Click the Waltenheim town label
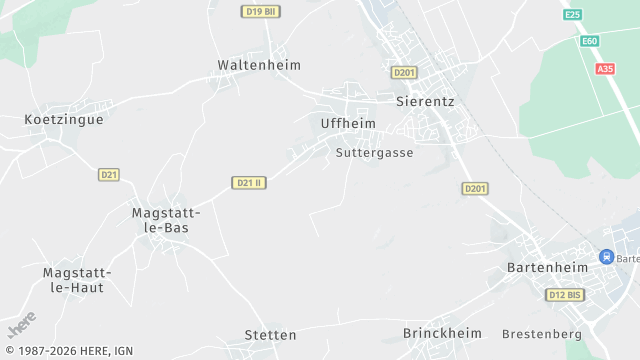[x=259, y=65]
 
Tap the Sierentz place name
[x=426, y=102]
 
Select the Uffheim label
[x=348, y=123]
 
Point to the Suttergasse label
[x=375, y=153]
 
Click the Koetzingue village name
[x=64, y=119]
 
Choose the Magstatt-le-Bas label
[x=167, y=220]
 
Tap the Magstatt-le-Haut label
[x=77, y=280]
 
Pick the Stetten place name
[x=270, y=335]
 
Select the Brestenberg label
[x=542, y=333]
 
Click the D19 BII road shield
[x=259, y=11]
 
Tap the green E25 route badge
[x=572, y=15]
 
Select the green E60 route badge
[x=590, y=41]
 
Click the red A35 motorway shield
[x=605, y=69]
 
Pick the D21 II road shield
[x=248, y=183]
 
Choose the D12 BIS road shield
[x=565, y=295]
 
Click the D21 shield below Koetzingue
[x=109, y=175]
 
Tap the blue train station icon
[x=606, y=257]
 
